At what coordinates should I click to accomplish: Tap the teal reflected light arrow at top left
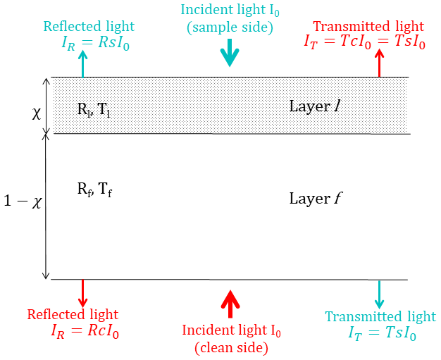[x=84, y=65]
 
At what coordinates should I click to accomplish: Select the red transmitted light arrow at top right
[x=380, y=65]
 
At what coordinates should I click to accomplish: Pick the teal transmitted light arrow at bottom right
[x=380, y=294]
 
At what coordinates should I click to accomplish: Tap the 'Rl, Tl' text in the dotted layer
[x=94, y=109]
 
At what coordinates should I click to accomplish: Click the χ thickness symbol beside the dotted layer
[x=37, y=113]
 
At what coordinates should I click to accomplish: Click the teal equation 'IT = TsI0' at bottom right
[x=381, y=333]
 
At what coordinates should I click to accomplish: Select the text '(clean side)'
[x=231, y=347]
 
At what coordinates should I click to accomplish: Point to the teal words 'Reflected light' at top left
[x=89, y=27]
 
